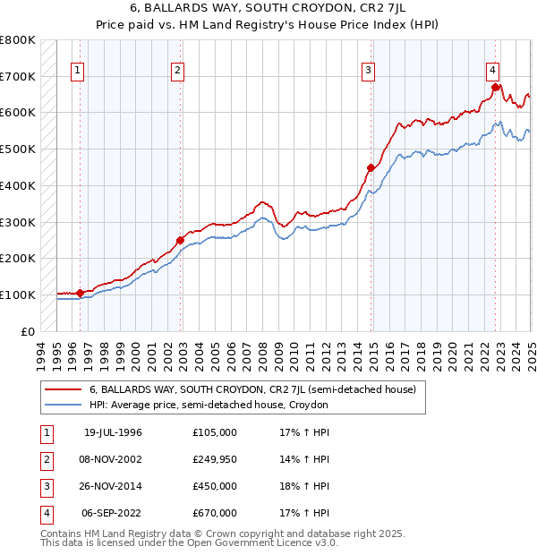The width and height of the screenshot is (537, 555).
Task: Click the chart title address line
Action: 268,11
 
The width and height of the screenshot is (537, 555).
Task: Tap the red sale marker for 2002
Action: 180,240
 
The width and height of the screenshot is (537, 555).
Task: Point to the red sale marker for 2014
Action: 371,167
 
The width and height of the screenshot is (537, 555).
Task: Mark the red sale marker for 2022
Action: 495,87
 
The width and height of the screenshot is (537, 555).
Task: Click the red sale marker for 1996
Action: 81,293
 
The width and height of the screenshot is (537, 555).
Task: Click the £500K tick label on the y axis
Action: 18,149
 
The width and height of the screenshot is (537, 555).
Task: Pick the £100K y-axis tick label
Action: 18,295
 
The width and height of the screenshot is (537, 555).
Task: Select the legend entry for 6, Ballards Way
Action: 252,390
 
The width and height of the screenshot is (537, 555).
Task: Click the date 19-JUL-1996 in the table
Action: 113,432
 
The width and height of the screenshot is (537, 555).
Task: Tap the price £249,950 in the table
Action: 215,459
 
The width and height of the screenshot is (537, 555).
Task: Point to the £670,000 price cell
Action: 215,513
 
